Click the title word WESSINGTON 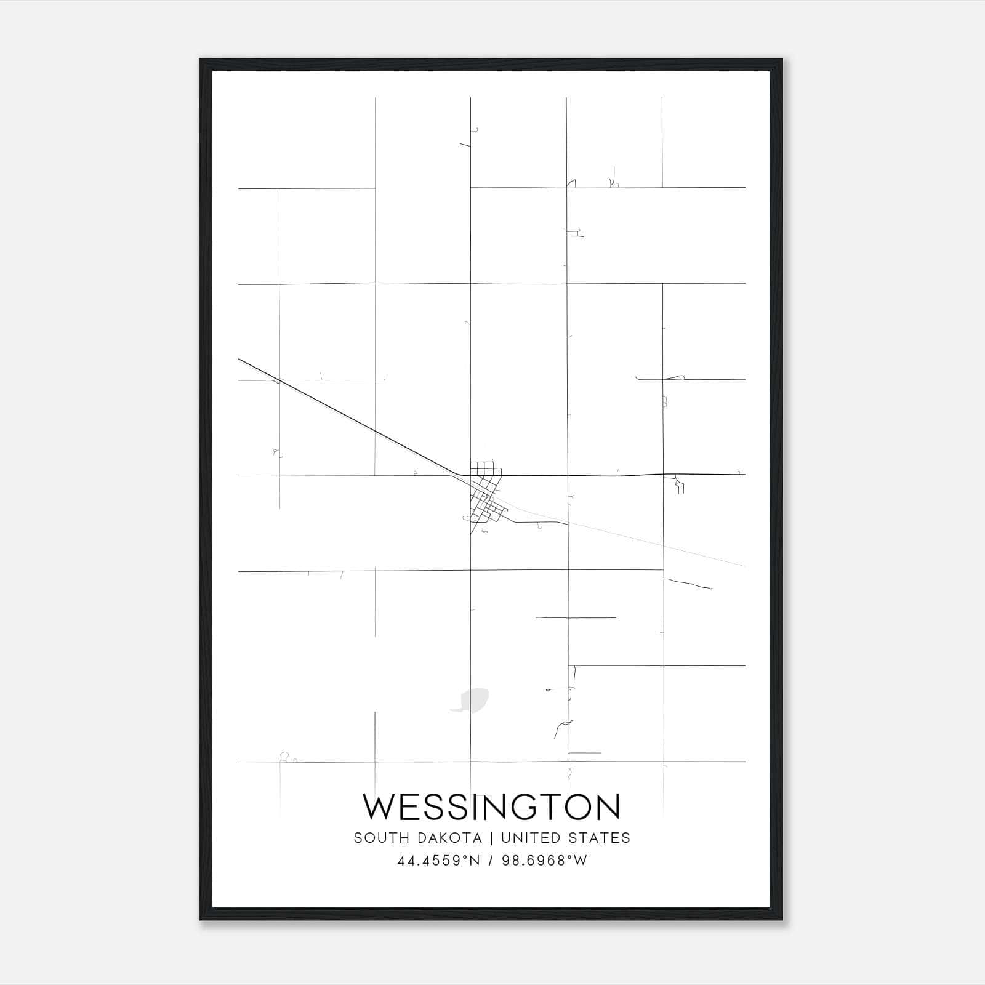[491, 807]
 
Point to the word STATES [602, 838]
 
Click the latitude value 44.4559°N [438, 861]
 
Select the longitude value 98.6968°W [545, 861]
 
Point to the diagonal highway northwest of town [351, 419]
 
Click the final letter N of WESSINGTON [607, 807]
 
